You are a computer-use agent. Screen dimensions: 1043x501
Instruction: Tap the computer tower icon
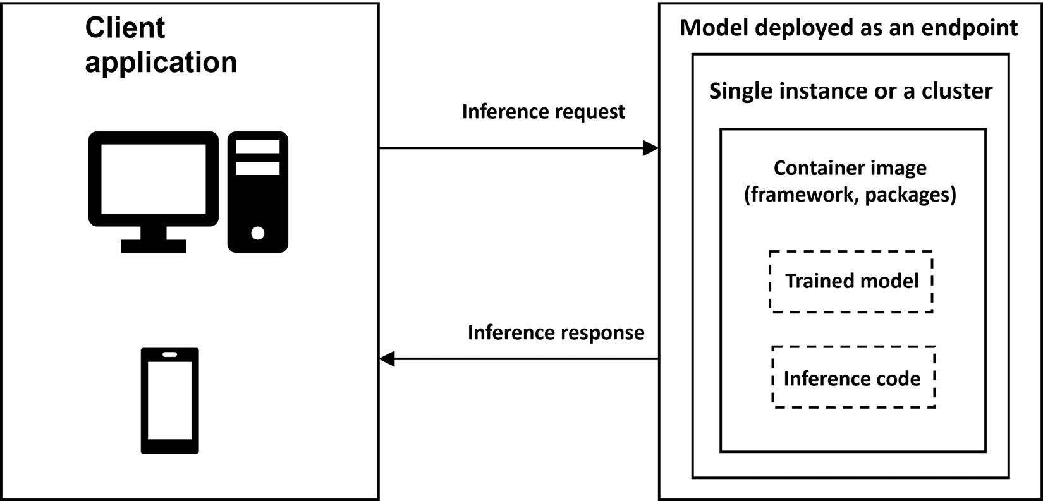click(257, 191)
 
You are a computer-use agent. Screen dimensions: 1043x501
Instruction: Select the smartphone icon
click(170, 401)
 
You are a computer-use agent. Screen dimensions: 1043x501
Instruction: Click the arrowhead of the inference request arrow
click(650, 148)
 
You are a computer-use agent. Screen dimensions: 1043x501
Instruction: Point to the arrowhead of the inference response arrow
click(387, 359)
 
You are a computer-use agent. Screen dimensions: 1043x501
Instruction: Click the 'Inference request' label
click(544, 112)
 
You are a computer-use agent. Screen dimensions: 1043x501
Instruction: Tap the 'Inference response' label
click(556, 333)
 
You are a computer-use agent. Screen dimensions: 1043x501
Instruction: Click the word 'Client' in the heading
click(125, 27)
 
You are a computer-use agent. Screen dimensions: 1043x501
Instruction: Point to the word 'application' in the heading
click(161, 63)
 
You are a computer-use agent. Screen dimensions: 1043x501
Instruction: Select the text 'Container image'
click(850, 169)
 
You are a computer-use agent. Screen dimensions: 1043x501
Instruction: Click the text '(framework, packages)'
click(850, 195)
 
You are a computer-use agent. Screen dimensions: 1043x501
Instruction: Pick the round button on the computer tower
click(257, 233)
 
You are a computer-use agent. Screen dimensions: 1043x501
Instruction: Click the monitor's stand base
click(153, 246)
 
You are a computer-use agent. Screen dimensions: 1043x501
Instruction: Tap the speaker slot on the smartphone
click(170, 354)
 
